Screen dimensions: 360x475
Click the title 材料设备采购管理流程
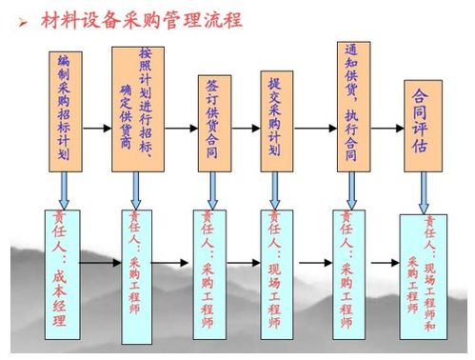click(143, 18)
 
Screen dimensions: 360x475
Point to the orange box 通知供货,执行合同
click(351, 105)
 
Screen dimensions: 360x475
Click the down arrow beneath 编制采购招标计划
click(64, 190)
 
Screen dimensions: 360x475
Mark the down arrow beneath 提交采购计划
click(276, 190)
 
